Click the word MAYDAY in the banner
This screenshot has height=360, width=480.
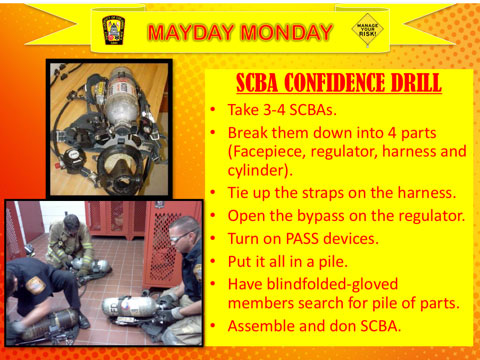point(191,32)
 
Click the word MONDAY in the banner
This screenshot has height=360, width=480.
point(286,32)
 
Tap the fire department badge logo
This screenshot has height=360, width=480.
point(113,30)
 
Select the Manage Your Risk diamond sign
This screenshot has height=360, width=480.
point(367,29)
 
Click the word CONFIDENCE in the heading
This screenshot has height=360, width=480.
point(335,83)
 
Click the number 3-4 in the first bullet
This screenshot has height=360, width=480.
point(274,110)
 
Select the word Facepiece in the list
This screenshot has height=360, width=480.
point(267,152)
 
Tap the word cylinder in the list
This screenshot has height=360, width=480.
point(257,170)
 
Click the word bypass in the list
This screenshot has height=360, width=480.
point(320,216)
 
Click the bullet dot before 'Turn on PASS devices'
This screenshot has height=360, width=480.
point(213,239)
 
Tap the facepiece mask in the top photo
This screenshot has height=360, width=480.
point(119,168)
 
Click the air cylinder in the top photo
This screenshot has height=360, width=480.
point(122,97)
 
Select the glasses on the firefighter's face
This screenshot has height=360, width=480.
point(181,237)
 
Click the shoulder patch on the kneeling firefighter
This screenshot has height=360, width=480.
point(35,285)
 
